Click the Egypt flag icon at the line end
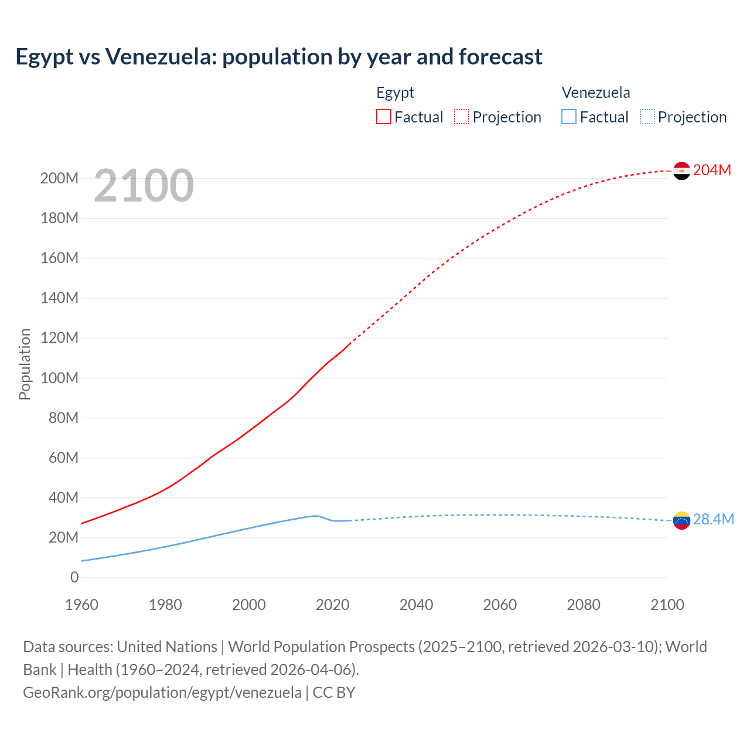(x=681, y=171)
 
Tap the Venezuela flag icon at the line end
(x=681, y=520)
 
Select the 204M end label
(x=712, y=170)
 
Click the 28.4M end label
(x=713, y=520)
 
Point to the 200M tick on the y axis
(x=59, y=178)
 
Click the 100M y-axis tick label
(x=59, y=378)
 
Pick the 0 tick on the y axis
(x=74, y=577)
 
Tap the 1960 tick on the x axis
(x=81, y=605)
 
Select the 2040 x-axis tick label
(x=416, y=605)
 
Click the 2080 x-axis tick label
(x=584, y=605)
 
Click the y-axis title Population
(x=25, y=364)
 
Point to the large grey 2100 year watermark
(x=144, y=186)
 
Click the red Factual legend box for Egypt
(x=384, y=117)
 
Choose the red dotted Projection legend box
(x=462, y=117)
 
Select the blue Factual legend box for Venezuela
(x=569, y=117)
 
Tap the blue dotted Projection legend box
(x=647, y=117)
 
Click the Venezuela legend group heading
(x=596, y=93)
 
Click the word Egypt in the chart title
(x=45, y=57)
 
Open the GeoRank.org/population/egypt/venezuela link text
(x=162, y=692)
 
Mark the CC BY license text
(x=334, y=692)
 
